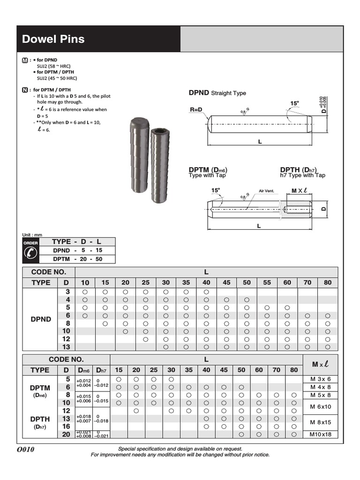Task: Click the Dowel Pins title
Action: point(53,39)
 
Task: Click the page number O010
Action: point(26,450)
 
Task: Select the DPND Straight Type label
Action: point(217,93)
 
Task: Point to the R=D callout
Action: point(197,110)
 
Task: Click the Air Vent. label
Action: point(266,191)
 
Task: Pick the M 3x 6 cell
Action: point(321,379)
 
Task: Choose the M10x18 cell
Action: point(321,435)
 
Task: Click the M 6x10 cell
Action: point(321,406)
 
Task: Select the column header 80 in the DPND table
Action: point(328,283)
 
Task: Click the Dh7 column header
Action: point(101,370)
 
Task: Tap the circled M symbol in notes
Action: point(25,60)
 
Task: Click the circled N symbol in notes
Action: point(25,90)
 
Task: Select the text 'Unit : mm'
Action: point(33,234)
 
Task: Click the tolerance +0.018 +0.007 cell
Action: point(84,418)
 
